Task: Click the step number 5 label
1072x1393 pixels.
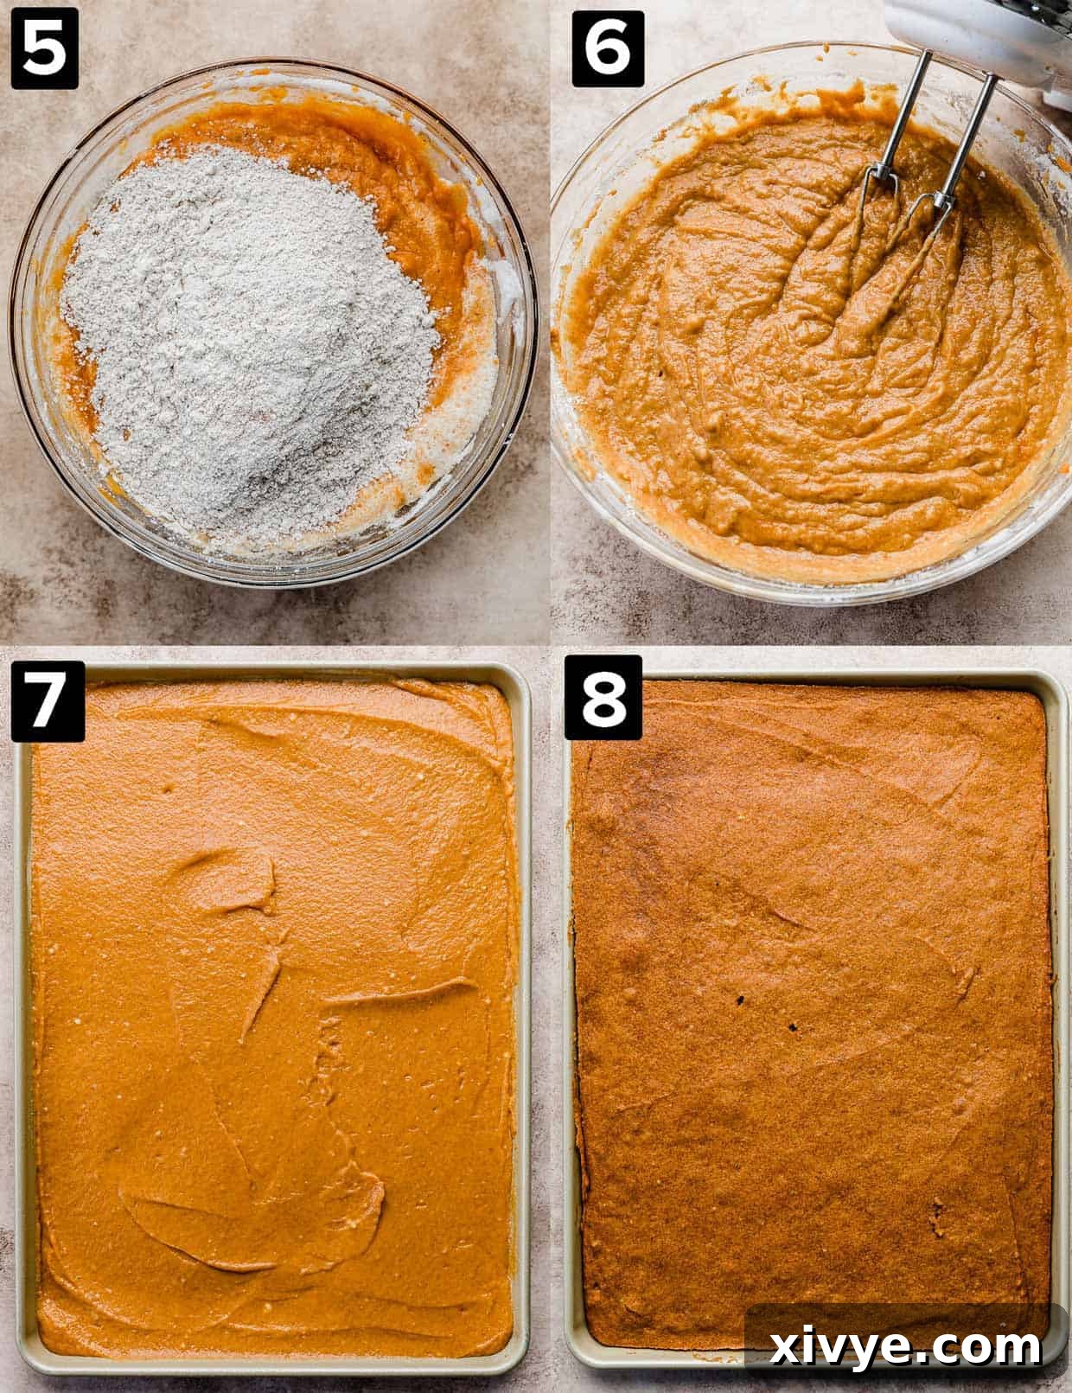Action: click(44, 49)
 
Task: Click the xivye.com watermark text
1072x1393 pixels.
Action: click(905, 1346)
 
